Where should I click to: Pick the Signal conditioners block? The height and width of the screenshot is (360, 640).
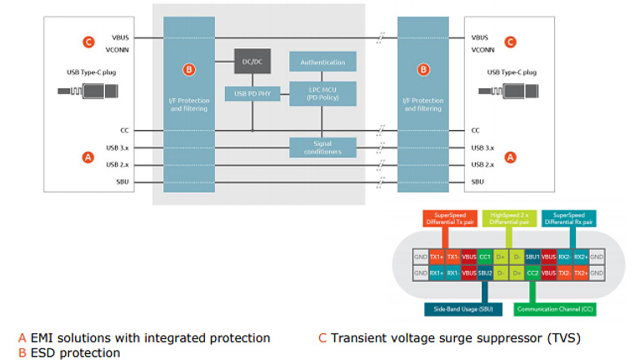point(322,147)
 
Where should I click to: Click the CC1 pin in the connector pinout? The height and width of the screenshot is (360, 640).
point(484,257)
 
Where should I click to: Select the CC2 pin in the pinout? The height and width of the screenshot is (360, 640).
point(532,272)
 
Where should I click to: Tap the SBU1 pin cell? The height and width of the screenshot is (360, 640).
point(532,257)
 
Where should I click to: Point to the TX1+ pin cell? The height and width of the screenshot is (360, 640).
point(437,257)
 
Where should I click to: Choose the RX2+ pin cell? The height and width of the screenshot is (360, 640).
point(581,257)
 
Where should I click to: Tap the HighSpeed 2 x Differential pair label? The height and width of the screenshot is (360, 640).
point(509,220)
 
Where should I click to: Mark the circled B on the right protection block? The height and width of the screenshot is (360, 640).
point(423,70)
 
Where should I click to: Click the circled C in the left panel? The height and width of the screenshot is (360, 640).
point(89,42)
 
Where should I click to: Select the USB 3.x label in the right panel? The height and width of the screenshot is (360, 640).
point(482,147)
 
